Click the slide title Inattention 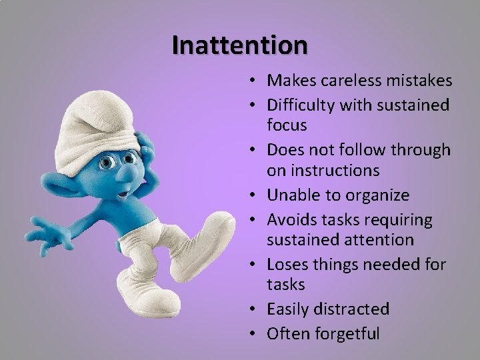tap(240, 45)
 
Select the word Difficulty tap(301, 105)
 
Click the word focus tap(287, 125)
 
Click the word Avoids tap(289, 219)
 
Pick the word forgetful tap(347, 333)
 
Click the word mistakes tap(417, 81)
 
